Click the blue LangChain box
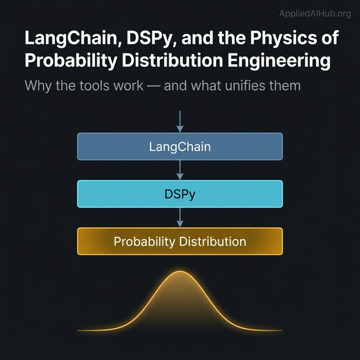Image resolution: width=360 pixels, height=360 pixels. (x=180, y=147)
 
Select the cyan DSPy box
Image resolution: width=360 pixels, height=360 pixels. (x=180, y=194)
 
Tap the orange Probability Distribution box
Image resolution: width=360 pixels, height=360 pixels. (x=180, y=242)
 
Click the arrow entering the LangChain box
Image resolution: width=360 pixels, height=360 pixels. (x=180, y=121)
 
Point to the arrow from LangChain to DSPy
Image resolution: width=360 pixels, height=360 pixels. (x=180, y=170)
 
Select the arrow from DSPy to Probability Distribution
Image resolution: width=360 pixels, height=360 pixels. (x=180, y=218)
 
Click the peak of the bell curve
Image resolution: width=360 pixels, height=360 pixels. (x=180, y=272)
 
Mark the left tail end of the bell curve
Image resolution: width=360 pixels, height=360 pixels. (x=79, y=330)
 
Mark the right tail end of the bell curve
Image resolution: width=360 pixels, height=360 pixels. (x=281, y=330)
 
